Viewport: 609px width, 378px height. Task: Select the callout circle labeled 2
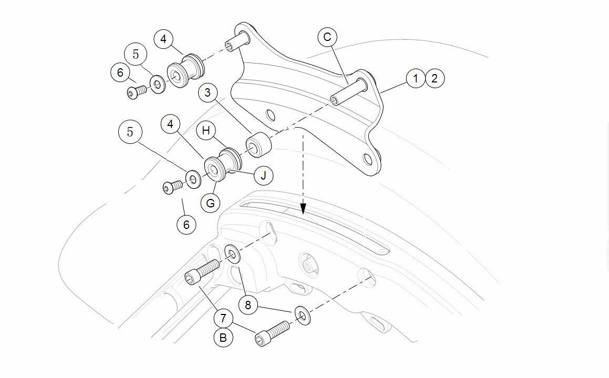point(435,79)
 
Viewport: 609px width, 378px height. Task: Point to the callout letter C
point(327,37)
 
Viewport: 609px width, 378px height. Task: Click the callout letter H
point(206,130)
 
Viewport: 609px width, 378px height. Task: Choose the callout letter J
point(263,175)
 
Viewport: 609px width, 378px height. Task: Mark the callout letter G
point(210,203)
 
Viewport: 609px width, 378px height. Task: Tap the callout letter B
point(223,338)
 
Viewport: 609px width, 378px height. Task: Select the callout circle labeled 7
point(223,318)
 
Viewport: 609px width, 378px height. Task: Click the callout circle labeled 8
point(248,304)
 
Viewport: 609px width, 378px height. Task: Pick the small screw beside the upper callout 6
point(137,92)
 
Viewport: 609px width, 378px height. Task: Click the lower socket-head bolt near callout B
point(272,333)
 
